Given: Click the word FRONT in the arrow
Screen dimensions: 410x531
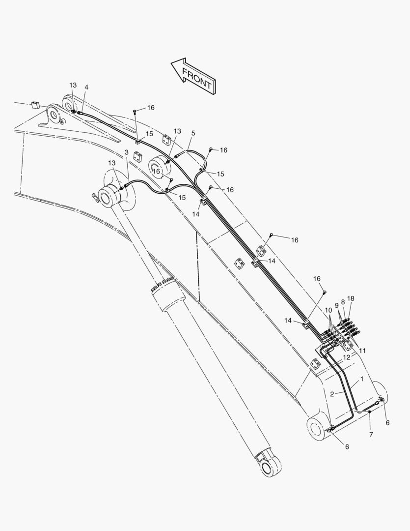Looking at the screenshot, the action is (196, 78).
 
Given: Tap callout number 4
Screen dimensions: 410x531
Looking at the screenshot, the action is (86, 88).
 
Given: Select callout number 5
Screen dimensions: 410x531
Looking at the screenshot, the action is (193, 133).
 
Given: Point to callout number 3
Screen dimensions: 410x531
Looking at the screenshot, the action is (127, 152).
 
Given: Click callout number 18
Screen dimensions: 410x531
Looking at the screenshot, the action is (351, 298).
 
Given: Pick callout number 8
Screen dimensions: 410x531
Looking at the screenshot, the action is (343, 301).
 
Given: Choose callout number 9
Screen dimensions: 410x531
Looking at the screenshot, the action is (336, 305).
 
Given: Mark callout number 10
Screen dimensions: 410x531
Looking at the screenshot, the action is (328, 310).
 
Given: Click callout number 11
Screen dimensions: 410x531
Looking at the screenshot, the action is (362, 351).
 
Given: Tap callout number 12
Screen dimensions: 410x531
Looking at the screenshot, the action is (347, 357).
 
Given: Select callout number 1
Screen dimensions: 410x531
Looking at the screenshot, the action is (361, 379).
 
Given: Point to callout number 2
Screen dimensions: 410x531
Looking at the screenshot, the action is (332, 394).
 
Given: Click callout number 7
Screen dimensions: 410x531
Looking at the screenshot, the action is (371, 435).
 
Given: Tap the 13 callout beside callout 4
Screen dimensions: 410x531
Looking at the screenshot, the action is (73, 85).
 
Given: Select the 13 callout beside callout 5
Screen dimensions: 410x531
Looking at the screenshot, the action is (177, 131).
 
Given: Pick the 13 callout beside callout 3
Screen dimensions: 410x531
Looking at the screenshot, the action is (111, 163).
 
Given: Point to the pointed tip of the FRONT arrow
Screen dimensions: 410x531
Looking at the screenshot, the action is (171, 63).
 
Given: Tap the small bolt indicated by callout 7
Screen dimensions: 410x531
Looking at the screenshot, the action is (369, 412).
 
